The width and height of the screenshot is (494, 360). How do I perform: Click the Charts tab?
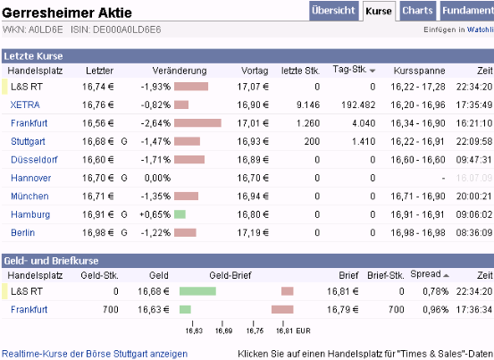click(x=418, y=11)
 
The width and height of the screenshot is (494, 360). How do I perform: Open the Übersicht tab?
click(x=333, y=11)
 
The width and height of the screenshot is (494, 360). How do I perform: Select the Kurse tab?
click(x=378, y=12)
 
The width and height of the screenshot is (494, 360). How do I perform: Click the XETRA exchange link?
click(x=25, y=105)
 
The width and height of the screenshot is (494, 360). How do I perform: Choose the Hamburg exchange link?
click(x=29, y=214)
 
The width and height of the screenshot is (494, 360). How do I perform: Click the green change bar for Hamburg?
click(x=180, y=214)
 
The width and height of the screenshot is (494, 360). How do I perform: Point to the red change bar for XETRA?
click(x=181, y=105)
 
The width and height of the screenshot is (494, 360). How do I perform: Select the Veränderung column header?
click(x=180, y=71)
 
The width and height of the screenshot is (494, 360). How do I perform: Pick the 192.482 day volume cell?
click(x=356, y=105)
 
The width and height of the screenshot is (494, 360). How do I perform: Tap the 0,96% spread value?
click(x=434, y=309)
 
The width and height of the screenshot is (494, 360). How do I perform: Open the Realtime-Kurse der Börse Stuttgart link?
click(x=95, y=354)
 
